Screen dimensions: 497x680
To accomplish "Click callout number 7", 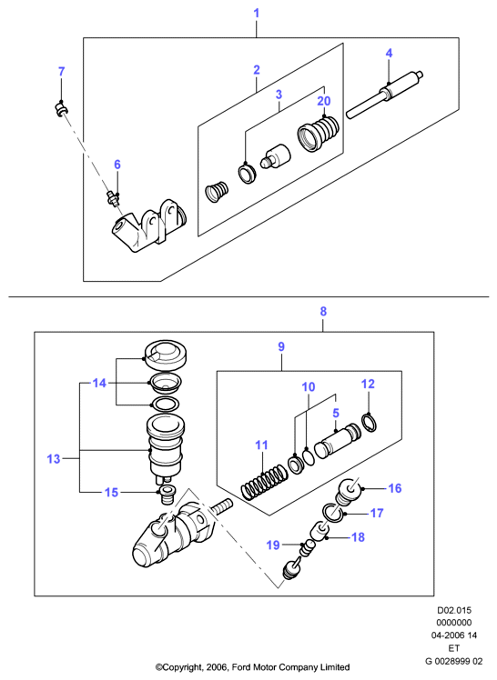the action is pyautogui.click(x=62, y=72).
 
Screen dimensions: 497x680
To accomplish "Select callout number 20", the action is pyautogui.click(x=324, y=101).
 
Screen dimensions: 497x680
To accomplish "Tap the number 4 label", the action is pyautogui.click(x=389, y=54).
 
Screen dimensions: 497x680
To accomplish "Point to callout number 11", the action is pyautogui.click(x=261, y=445).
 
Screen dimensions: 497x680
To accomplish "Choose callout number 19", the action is pyautogui.click(x=273, y=545).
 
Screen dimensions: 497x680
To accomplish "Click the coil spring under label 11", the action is pyautogui.click(x=264, y=482).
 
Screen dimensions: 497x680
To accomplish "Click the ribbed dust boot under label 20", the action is pyautogui.click(x=318, y=134).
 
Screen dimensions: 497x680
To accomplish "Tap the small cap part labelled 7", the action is pyautogui.click(x=61, y=109).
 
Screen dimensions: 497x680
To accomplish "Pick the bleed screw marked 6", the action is pyautogui.click(x=114, y=198).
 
